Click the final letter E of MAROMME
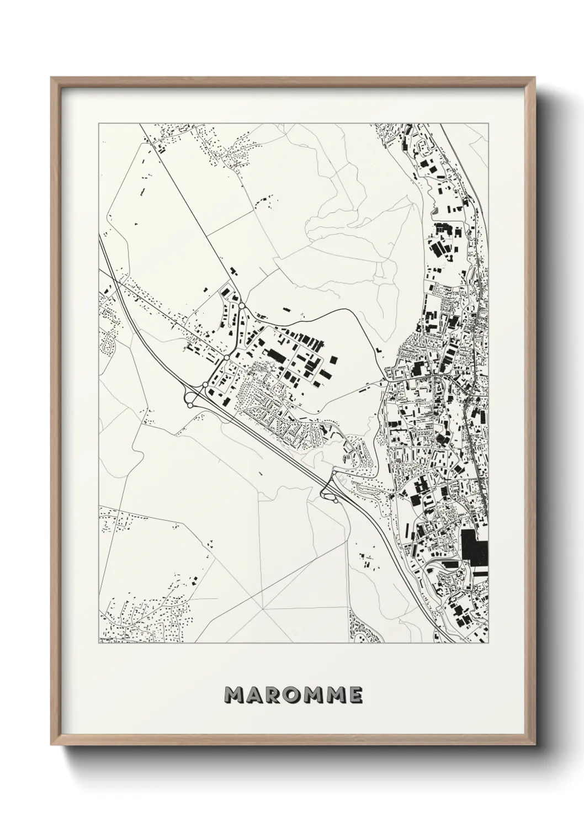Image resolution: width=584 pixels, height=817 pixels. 355,696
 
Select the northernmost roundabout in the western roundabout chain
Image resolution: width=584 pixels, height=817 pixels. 242,305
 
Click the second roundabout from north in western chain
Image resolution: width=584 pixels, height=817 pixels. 226,358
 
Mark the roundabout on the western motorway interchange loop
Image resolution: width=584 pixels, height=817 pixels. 190,405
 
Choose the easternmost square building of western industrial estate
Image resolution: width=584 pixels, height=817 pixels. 333,359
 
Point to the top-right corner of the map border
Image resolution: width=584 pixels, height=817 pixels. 489,123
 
